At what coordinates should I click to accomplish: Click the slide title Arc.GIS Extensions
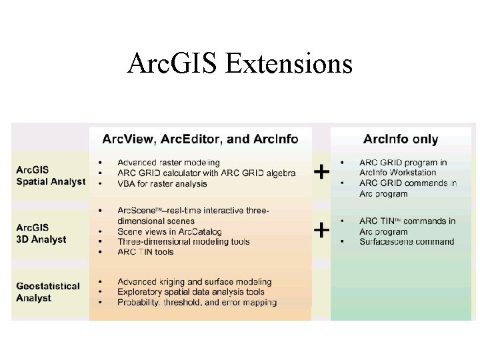click(x=239, y=64)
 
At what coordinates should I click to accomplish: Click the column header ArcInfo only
click(x=401, y=139)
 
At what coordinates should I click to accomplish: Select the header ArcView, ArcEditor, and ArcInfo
click(x=200, y=139)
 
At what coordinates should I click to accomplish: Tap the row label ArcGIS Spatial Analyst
click(x=51, y=176)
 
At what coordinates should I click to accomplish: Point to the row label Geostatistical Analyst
click(x=48, y=292)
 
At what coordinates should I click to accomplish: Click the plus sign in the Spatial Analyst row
click(x=321, y=172)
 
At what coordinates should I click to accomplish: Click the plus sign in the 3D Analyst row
click(x=321, y=230)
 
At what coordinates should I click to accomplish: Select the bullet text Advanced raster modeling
click(x=169, y=163)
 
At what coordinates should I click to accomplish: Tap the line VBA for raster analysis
click(x=162, y=184)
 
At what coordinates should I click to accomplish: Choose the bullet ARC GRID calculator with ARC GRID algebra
click(x=207, y=173)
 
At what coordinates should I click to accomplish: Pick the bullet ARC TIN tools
click(x=145, y=252)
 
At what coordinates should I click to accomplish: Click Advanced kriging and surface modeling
click(x=195, y=282)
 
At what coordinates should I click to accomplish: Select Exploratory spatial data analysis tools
click(x=191, y=292)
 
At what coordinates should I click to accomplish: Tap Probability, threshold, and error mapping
click(x=197, y=303)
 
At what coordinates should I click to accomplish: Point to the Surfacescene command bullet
click(x=407, y=242)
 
